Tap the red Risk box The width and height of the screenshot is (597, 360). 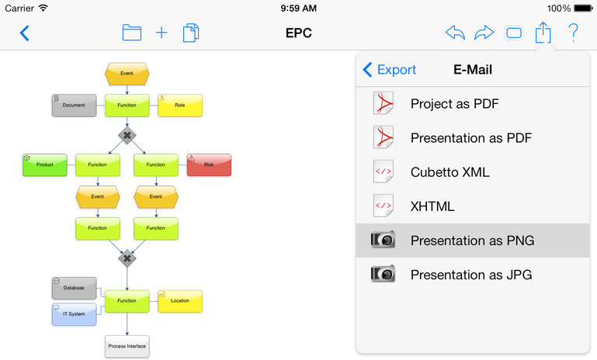click(x=209, y=164)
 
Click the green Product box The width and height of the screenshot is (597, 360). click(x=45, y=164)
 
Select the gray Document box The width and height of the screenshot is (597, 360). click(x=74, y=106)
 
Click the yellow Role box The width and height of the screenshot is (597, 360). click(x=180, y=106)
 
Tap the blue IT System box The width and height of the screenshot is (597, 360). click(x=74, y=314)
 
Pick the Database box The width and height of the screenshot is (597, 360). click(x=74, y=288)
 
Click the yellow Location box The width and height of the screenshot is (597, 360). click(x=180, y=301)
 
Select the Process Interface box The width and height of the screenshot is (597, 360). click(x=127, y=346)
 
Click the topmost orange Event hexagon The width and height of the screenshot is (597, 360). click(x=127, y=74)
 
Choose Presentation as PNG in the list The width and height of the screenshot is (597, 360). click(x=473, y=241)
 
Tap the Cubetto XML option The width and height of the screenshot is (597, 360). click(x=450, y=172)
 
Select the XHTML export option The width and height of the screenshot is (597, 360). click(x=432, y=206)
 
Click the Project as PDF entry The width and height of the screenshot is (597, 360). click(x=455, y=103)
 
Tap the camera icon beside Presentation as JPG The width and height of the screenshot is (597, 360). click(x=383, y=274)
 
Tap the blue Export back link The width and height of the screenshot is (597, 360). click(x=390, y=70)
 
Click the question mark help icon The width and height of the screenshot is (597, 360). click(x=574, y=33)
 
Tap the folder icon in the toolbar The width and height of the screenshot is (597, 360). click(x=132, y=33)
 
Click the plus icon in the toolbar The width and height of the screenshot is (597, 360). click(x=161, y=33)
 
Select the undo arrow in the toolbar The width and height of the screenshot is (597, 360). click(x=456, y=33)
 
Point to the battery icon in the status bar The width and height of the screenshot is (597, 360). click(x=583, y=8)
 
